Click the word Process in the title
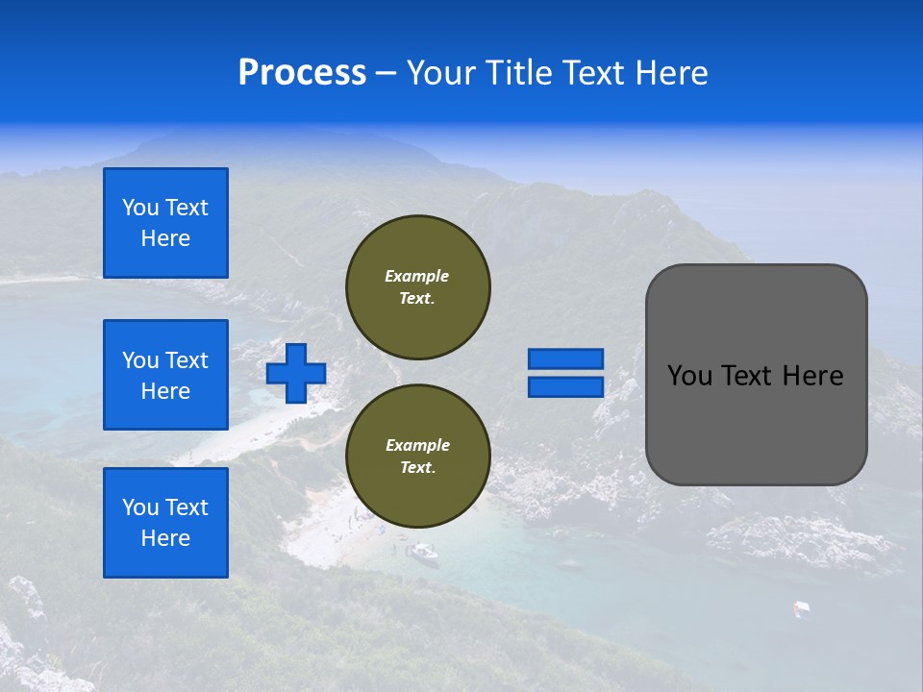click(302, 73)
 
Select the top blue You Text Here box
click(165, 223)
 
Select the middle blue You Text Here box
click(165, 375)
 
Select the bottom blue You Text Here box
click(165, 523)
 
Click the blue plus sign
click(296, 373)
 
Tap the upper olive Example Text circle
click(418, 287)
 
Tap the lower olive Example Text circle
click(418, 457)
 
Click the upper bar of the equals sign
click(566, 358)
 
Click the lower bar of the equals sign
click(566, 387)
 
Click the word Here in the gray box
click(812, 376)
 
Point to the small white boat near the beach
click(422, 552)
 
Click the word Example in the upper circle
click(416, 276)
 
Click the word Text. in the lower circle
click(417, 468)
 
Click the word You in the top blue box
click(140, 208)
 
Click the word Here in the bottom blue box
click(165, 538)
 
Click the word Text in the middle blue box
click(187, 360)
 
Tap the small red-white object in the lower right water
click(800, 607)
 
